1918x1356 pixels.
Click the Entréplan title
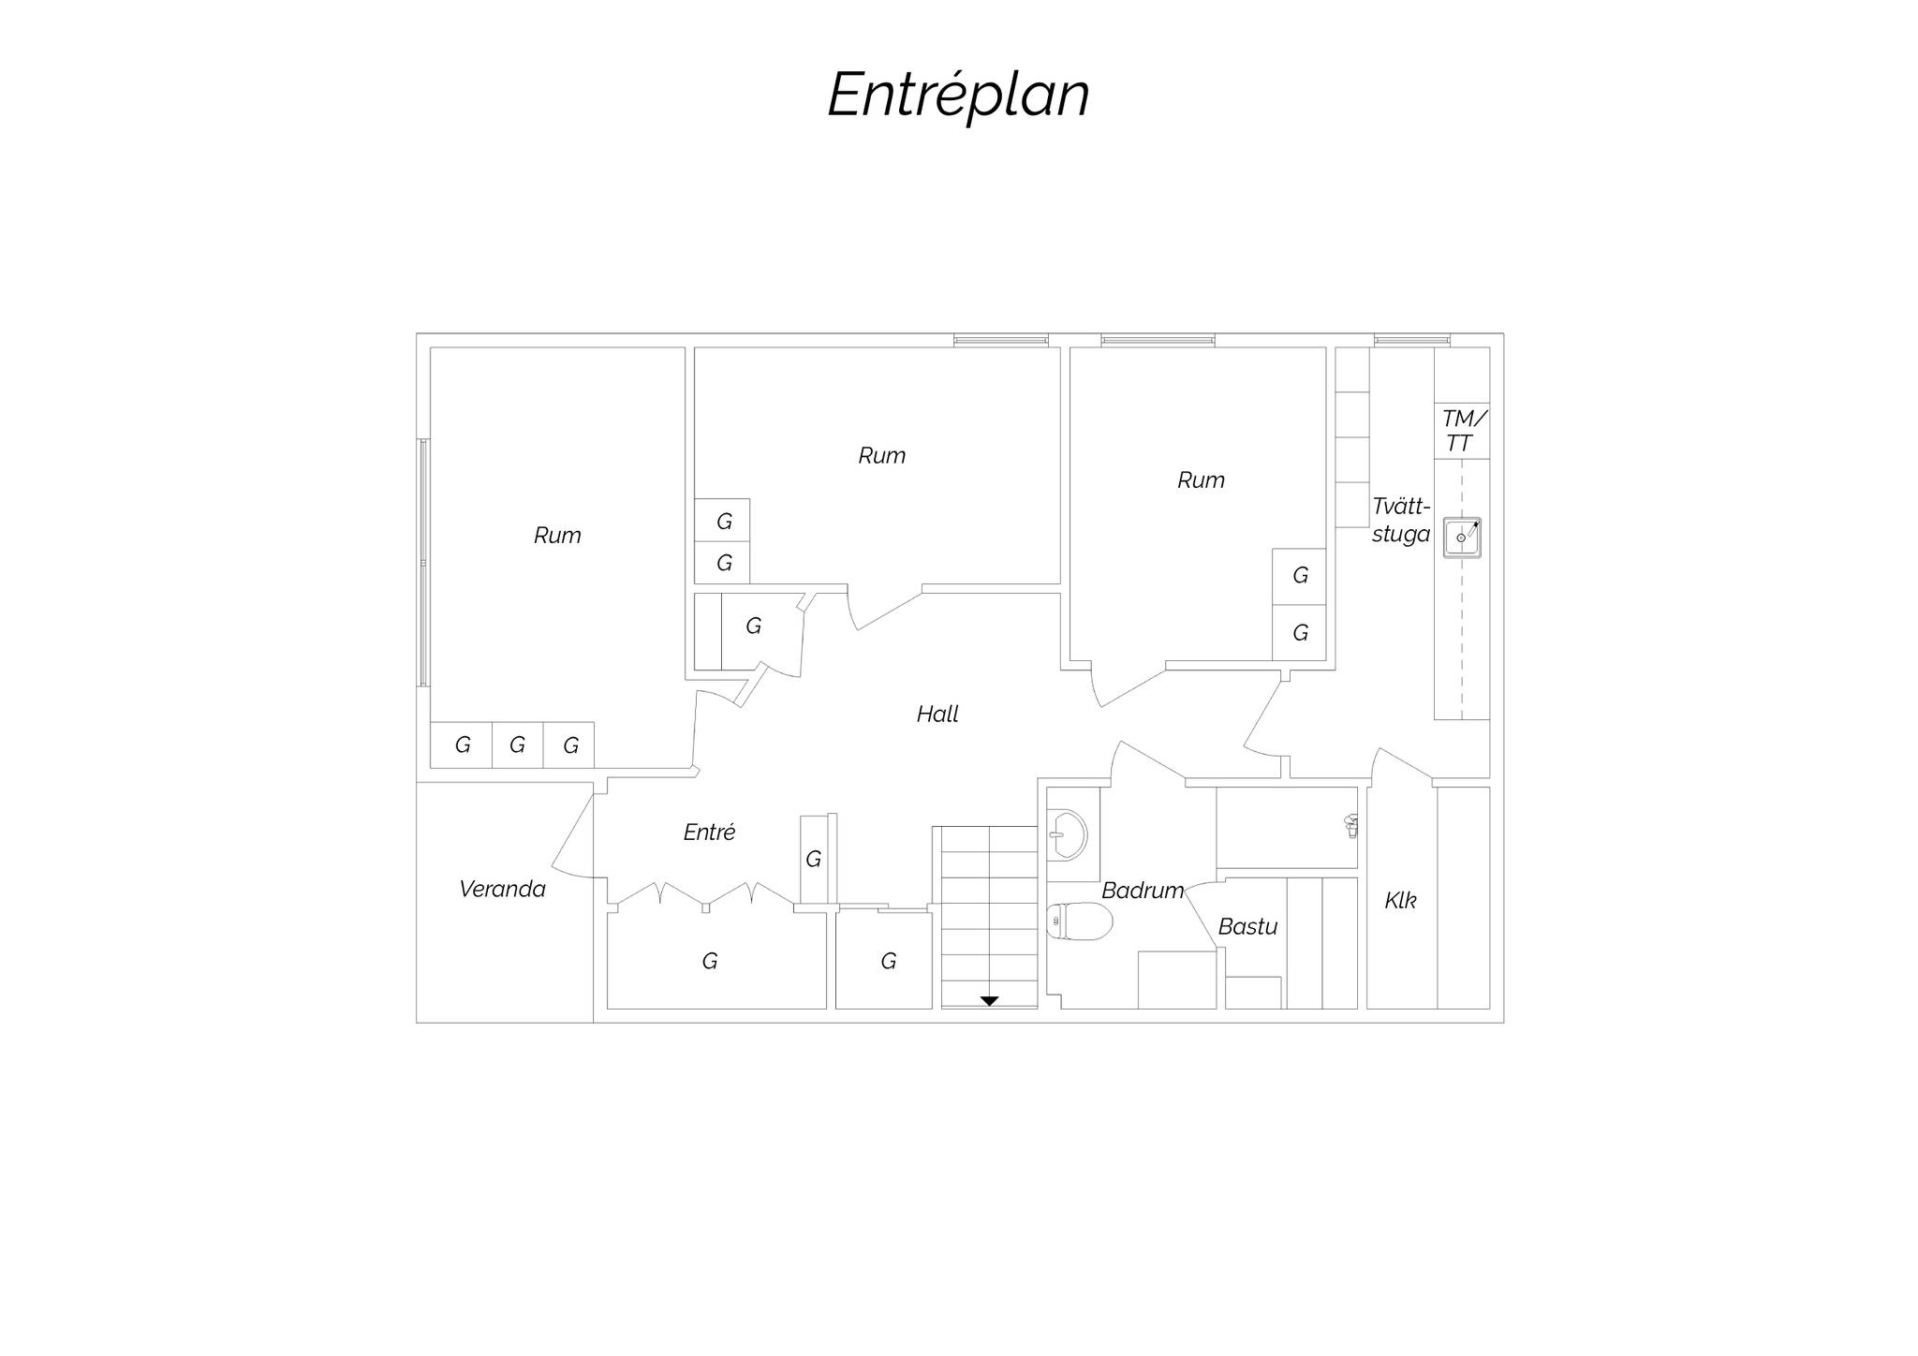958,96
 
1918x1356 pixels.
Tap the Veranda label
502,889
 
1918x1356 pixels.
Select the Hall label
937,715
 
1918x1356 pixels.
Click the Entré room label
709,832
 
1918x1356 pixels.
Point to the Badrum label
1143,891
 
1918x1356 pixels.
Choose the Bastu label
1247,926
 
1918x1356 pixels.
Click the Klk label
1400,901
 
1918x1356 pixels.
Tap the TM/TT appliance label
1462,431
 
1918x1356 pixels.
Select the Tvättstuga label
1401,520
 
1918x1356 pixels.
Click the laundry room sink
1462,538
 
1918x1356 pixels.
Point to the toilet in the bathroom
1079,921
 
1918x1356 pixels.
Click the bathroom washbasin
1067,834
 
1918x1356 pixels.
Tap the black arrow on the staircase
989,1001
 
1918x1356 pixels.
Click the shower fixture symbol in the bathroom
1350,825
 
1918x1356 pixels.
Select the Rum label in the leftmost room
557,536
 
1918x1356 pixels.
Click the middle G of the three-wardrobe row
517,745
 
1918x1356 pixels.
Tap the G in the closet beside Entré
813,859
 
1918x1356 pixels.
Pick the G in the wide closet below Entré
710,961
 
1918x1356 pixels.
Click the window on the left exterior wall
423,563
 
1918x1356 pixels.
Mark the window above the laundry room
1411,340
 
